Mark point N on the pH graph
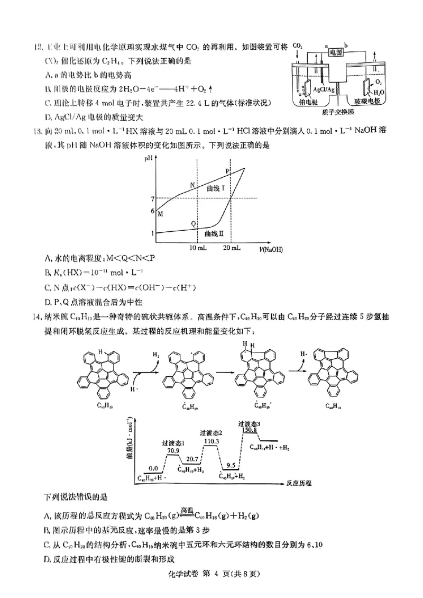pyautogui.click(x=192, y=184)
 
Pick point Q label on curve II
pyautogui.click(x=194, y=224)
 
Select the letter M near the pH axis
pyautogui.click(x=160, y=213)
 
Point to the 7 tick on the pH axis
pyautogui.click(x=152, y=198)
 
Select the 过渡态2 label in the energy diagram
pyautogui.click(x=210, y=433)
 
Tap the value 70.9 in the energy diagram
pyautogui.click(x=173, y=450)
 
